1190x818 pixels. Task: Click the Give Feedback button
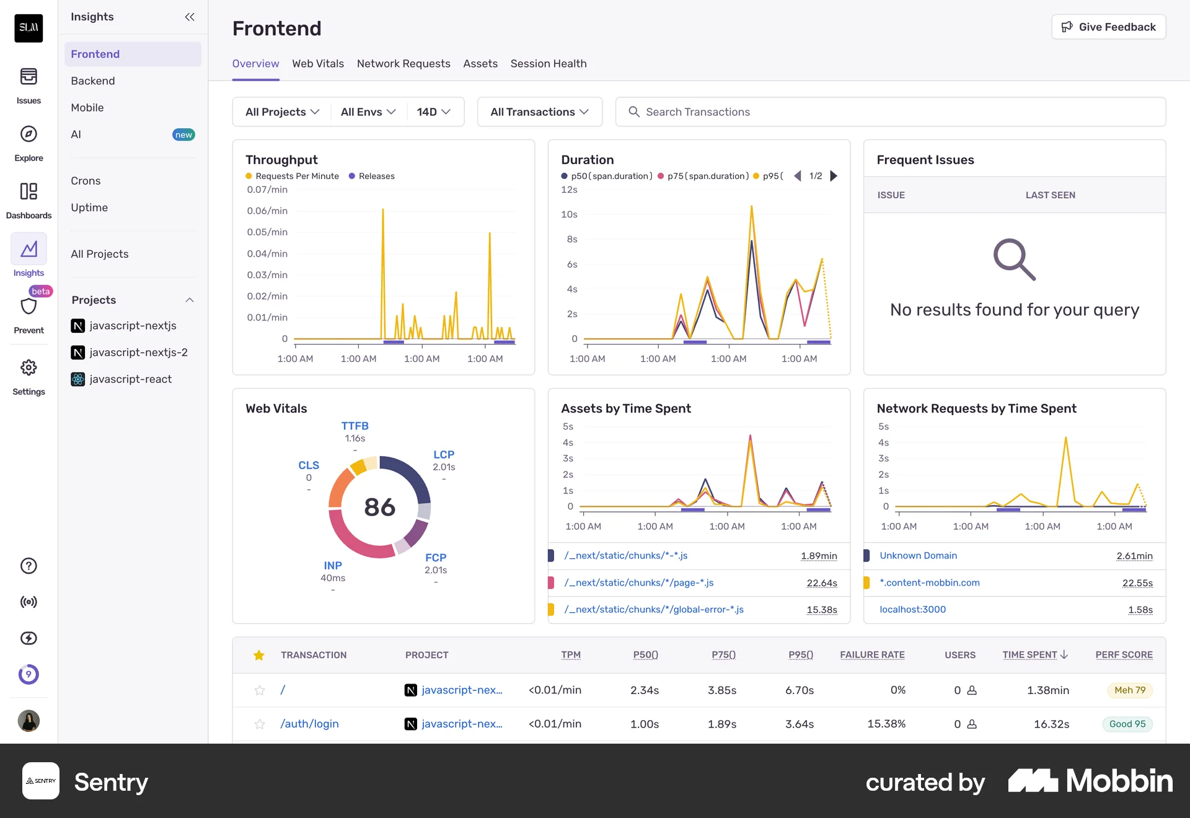tap(1108, 27)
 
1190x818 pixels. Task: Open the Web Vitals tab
tap(318, 63)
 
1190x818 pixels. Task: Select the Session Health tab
tap(549, 63)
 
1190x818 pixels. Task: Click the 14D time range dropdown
tap(434, 112)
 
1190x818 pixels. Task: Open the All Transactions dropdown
tap(540, 112)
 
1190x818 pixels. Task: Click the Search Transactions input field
tap(891, 112)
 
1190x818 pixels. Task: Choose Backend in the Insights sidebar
tap(93, 81)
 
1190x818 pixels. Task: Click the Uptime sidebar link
tap(89, 207)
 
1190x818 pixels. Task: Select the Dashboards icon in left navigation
tap(29, 191)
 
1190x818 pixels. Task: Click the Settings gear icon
tap(29, 367)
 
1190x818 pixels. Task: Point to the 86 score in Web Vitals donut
tap(380, 507)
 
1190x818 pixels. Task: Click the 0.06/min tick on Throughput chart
tap(267, 211)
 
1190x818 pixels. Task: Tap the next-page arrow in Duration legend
tap(834, 176)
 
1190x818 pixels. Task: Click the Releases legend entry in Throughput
tap(372, 176)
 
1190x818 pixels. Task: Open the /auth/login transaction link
tap(309, 723)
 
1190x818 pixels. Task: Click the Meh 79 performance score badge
tap(1129, 690)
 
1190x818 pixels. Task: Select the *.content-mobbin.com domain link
tap(930, 583)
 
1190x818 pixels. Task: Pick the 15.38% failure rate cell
tap(886, 723)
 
